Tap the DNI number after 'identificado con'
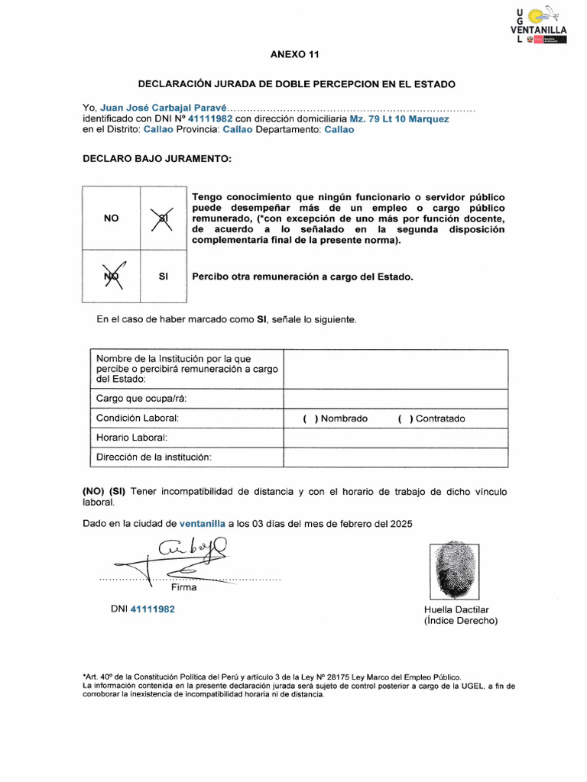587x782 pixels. pyautogui.click(x=209, y=119)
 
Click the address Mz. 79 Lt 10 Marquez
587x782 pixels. pyautogui.click(x=399, y=119)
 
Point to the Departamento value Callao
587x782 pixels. pyautogui.click(x=339, y=130)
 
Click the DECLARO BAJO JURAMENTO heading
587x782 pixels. pyautogui.click(x=156, y=158)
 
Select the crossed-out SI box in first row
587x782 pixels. pyautogui.click(x=162, y=219)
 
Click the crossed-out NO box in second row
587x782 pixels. pyautogui.click(x=111, y=276)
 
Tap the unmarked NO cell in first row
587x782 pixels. pyautogui.click(x=111, y=218)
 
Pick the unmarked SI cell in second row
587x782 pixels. pyautogui.click(x=163, y=276)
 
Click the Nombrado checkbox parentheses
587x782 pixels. pyautogui.click(x=309, y=418)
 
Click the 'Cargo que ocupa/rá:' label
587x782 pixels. pyautogui.click(x=141, y=399)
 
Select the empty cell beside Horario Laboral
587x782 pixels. pyautogui.click(x=395, y=438)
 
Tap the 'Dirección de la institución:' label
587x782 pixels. pyautogui.click(x=153, y=457)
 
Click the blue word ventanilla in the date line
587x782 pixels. pyautogui.click(x=202, y=524)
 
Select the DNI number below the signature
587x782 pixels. pyautogui.click(x=153, y=609)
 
